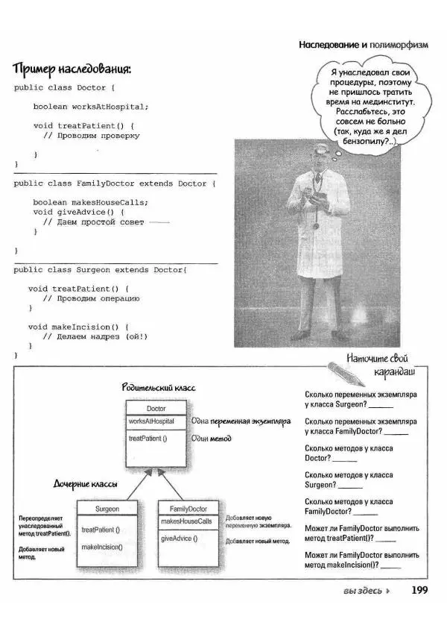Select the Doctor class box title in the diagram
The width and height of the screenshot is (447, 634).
click(x=156, y=409)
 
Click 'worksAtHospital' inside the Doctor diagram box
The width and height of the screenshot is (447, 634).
click(x=151, y=421)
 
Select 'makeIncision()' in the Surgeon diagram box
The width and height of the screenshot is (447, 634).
click(x=102, y=547)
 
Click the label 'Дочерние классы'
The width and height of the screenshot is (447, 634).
click(x=85, y=484)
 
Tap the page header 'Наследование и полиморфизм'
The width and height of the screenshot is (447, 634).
click(x=364, y=45)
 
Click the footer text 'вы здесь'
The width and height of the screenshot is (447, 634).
click(x=363, y=592)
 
